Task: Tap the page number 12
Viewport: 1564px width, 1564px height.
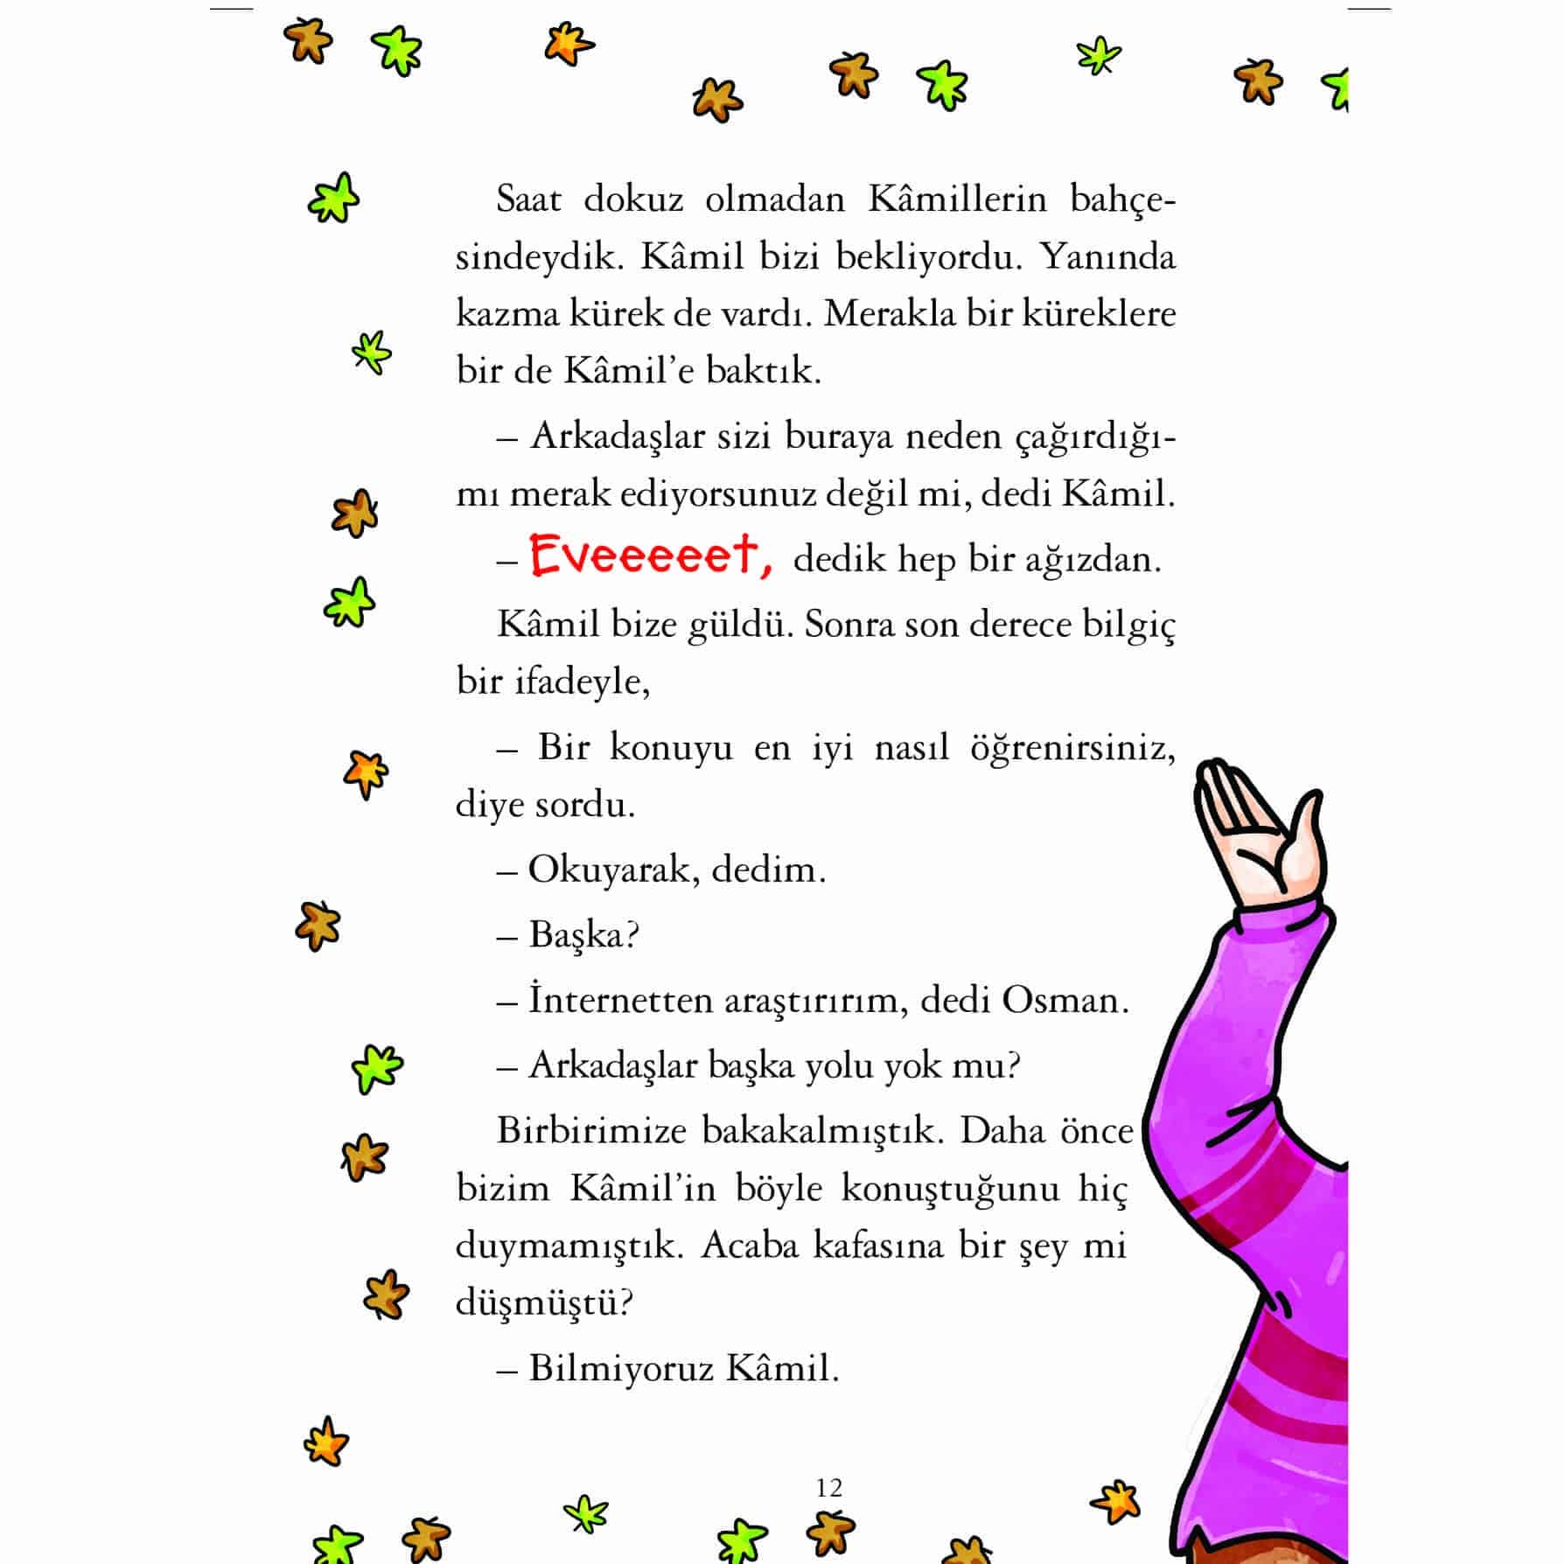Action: [x=828, y=1487]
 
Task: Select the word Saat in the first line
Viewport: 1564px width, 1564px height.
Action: [x=528, y=199]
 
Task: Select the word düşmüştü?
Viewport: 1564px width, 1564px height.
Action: [x=544, y=1302]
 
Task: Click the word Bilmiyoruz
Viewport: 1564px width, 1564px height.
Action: [x=616, y=1368]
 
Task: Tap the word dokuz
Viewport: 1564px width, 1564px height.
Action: [x=633, y=199]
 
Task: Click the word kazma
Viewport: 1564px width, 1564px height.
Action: [x=507, y=314]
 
